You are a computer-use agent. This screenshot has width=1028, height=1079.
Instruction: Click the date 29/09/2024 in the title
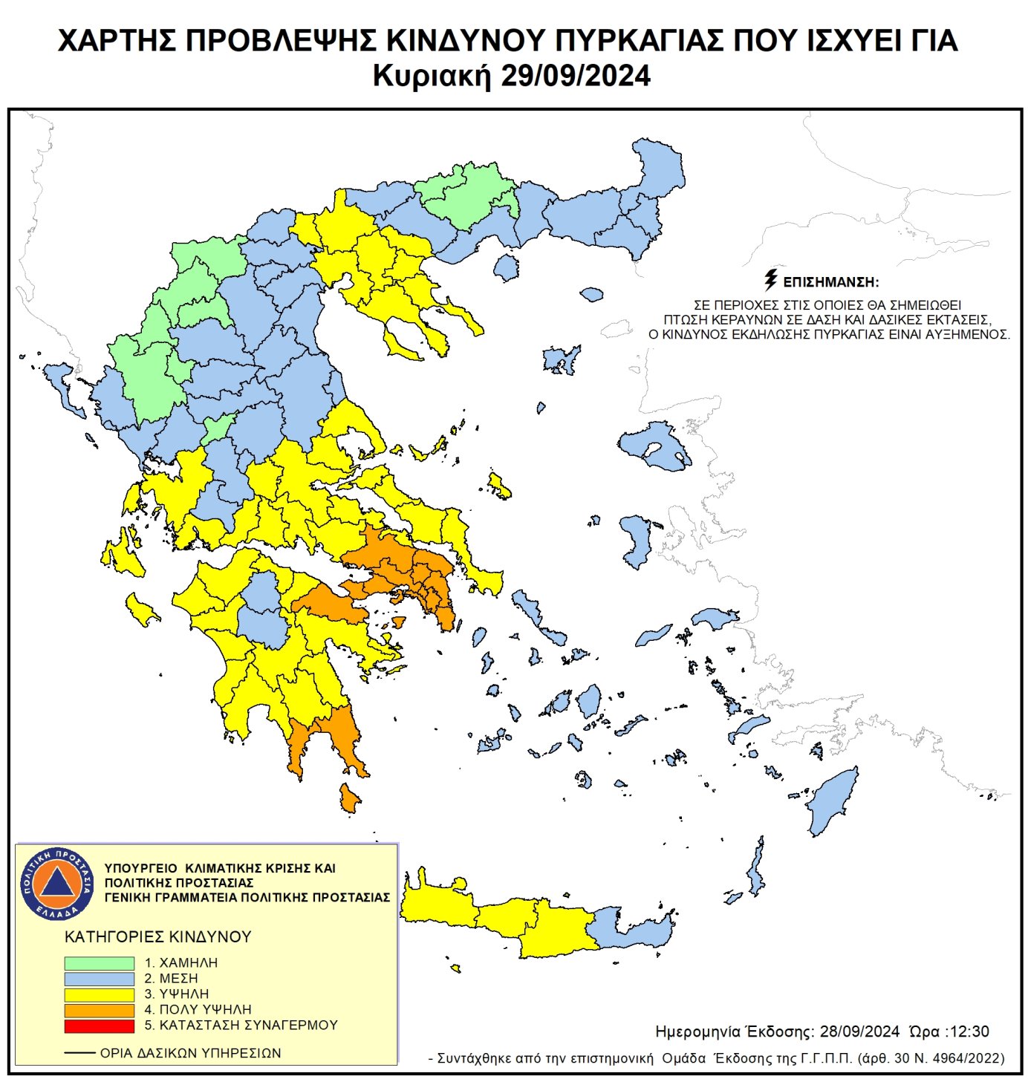pos(576,76)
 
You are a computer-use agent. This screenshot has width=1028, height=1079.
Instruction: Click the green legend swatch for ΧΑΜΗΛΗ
pos(99,962)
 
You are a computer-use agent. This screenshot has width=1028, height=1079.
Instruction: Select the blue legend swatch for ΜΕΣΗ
pos(99,979)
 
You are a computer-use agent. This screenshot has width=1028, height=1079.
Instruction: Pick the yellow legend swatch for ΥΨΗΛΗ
pos(99,994)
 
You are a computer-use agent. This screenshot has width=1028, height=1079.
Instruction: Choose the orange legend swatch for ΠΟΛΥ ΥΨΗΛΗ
pos(99,1010)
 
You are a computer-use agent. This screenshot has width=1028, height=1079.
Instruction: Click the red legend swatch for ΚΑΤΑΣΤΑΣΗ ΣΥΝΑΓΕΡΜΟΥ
pos(99,1026)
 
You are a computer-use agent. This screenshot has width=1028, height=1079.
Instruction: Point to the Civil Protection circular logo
pos(57,883)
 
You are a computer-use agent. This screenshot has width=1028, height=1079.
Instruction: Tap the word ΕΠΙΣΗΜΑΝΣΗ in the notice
pos(830,282)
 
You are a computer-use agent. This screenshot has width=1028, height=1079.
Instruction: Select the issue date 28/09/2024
pos(859,1031)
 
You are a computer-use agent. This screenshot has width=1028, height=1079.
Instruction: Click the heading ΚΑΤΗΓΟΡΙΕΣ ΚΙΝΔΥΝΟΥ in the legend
pos(158,937)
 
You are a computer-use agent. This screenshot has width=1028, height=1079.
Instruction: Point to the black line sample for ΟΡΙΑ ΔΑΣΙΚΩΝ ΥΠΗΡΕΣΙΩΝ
pos(79,1053)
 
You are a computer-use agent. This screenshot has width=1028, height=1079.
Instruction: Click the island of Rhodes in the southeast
pos(833,801)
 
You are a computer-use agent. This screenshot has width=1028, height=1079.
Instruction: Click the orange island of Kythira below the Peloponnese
pos(348,798)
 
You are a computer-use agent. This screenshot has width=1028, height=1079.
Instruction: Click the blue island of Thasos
pos(506,267)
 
